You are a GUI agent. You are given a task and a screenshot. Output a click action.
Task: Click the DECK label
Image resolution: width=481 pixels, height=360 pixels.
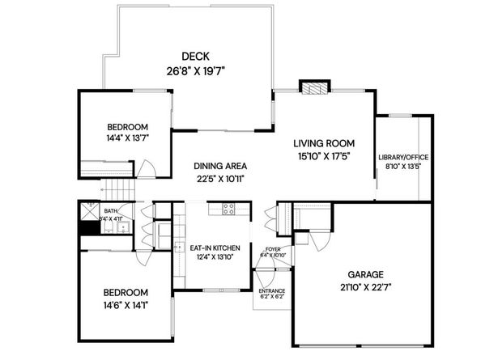(x=196, y=56)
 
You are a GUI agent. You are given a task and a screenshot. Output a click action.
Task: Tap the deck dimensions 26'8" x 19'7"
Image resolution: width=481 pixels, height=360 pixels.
(x=196, y=70)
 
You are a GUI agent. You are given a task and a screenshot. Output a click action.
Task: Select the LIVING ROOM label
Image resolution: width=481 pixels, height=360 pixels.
(x=324, y=143)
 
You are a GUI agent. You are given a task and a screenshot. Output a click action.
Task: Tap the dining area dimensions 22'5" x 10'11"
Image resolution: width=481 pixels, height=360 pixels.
(x=219, y=179)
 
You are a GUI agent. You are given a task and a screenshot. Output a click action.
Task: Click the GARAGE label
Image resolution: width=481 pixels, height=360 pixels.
(x=365, y=273)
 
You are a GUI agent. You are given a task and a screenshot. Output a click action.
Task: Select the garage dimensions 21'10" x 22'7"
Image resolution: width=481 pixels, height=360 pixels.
(x=365, y=287)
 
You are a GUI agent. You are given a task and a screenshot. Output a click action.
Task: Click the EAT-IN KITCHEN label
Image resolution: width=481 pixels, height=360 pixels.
(x=215, y=248)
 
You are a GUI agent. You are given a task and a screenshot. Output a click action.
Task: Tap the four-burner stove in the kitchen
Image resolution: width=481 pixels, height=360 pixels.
(x=228, y=210)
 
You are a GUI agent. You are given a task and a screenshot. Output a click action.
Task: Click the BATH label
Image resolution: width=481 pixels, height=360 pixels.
(x=110, y=211)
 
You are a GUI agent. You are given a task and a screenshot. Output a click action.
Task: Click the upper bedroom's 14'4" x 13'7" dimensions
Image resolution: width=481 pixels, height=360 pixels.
(x=128, y=138)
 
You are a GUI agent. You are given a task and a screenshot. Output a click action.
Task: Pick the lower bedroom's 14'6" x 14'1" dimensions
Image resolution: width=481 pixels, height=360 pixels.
(x=126, y=304)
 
